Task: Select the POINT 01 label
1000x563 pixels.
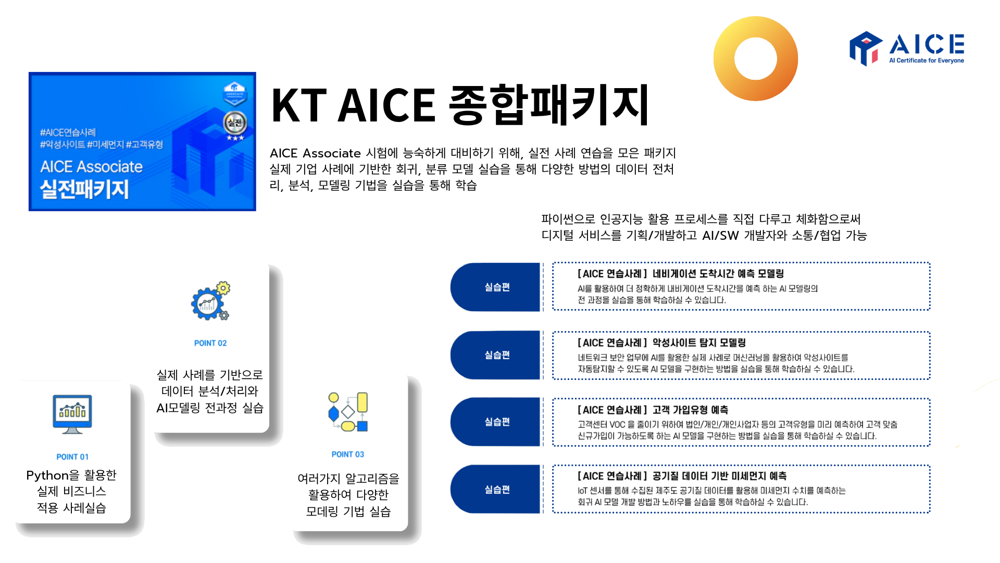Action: pos(72,457)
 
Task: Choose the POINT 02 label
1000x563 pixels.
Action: pos(210,343)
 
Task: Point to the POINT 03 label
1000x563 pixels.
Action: pos(348,454)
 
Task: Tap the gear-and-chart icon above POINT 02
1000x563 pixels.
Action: pos(210,301)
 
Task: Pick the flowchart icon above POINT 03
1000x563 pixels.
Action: pos(348,412)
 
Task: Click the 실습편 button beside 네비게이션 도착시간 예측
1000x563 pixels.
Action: pos(497,287)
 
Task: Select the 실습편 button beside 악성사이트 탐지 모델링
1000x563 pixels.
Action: pos(497,355)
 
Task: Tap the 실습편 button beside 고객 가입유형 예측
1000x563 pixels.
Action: pos(497,422)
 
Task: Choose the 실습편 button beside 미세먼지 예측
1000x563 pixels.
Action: pos(497,489)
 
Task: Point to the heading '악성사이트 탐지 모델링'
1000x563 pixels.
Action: pos(661,342)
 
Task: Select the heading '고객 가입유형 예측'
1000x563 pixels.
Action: pos(653,410)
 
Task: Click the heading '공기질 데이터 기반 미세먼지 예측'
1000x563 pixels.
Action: pos(682,476)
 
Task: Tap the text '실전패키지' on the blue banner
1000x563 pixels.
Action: pos(84,189)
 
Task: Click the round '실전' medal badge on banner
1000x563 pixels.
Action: pos(235,123)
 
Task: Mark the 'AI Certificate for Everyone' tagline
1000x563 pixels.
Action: pos(926,60)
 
